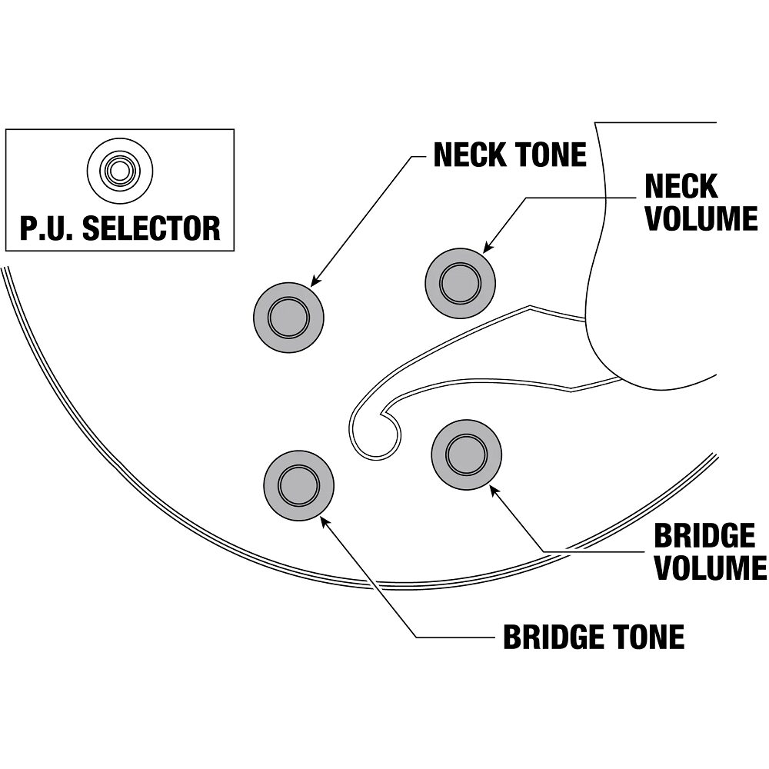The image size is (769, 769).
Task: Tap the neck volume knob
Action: click(x=460, y=281)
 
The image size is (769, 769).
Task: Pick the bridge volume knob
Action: click(x=467, y=454)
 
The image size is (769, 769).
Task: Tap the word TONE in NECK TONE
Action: click(x=550, y=155)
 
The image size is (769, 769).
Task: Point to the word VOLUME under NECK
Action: click(x=701, y=218)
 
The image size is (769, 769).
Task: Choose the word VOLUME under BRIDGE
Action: click(x=710, y=568)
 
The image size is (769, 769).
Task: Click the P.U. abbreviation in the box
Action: click(x=48, y=228)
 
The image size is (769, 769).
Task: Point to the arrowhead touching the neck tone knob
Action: click(x=315, y=282)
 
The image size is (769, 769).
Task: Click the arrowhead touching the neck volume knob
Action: click(x=486, y=248)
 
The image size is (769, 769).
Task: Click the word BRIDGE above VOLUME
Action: click(x=704, y=536)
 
